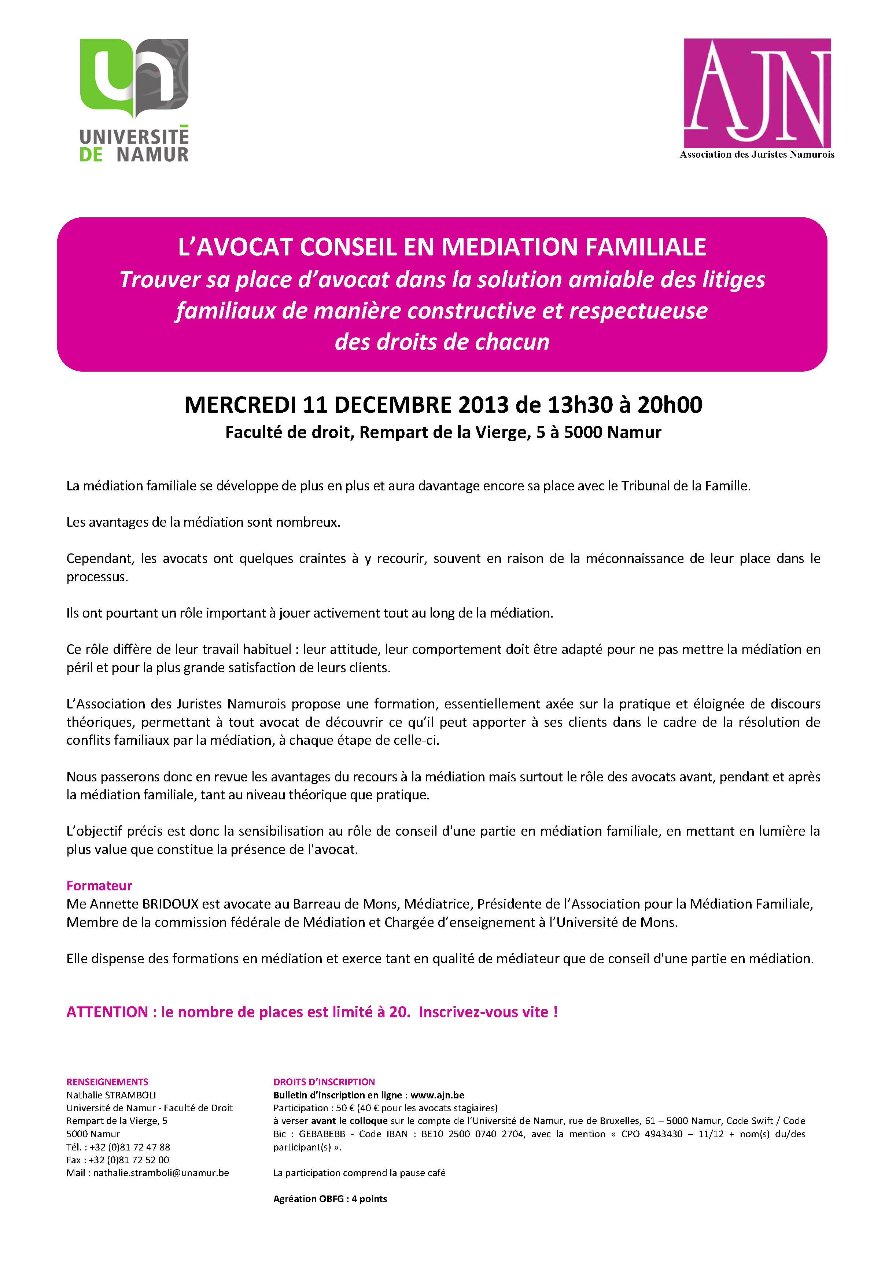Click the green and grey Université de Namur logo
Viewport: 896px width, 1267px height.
(x=134, y=99)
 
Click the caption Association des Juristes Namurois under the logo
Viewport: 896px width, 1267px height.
(x=757, y=155)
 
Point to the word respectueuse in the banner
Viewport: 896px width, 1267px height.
(x=638, y=311)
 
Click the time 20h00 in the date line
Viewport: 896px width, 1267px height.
(x=670, y=405)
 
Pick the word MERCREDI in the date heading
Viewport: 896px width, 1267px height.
(x=240, y=405)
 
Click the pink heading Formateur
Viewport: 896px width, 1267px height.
(x=99, y=886)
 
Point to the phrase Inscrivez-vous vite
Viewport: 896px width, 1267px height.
(x=488, y=1012)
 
